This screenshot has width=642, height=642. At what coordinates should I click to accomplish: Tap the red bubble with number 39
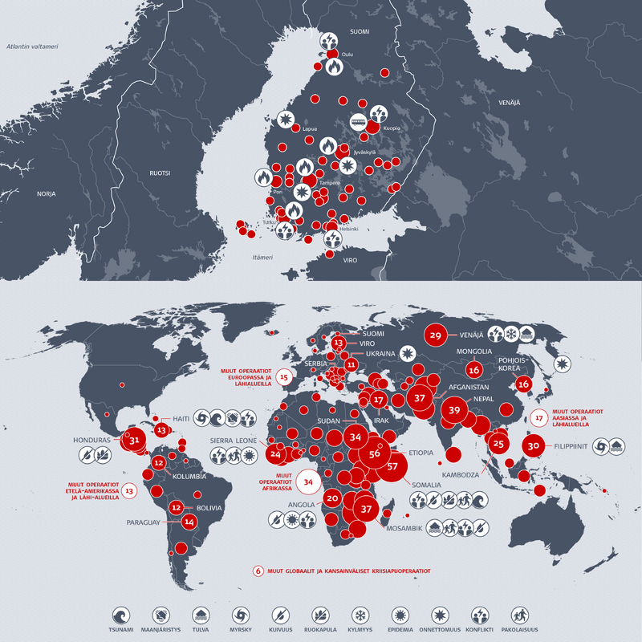click(x=454, y=410)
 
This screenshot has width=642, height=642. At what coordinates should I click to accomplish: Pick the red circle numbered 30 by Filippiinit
click(x=534, y=446)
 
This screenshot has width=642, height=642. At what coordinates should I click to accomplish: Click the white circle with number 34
click(x=308, y=481)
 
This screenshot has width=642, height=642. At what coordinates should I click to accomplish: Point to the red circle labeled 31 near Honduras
click(x=135, y=441)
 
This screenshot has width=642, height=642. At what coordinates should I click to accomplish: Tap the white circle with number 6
click(x=258, y=571)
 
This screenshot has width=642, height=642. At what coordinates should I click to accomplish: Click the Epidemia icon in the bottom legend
click(x=399, y=615)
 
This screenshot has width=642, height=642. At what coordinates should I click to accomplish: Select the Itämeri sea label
click(x=262, y=258)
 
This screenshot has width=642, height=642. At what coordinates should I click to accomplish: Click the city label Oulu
click(x=347, y=54)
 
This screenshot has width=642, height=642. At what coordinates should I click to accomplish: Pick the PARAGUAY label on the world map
click(x=144, y=522)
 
